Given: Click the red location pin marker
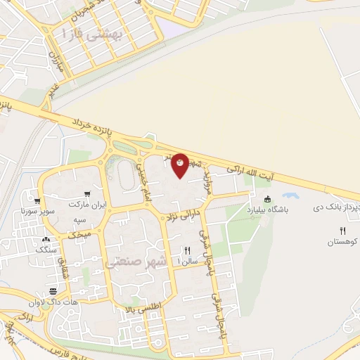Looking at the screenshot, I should [x=180, y=164].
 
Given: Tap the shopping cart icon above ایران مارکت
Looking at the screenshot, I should [x=86, y=194].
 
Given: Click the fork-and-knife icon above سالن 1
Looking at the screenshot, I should [x=188, y=250].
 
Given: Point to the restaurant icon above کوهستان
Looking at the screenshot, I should [x=342, y=231].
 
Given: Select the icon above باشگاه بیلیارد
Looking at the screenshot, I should [x=266, y=198].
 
